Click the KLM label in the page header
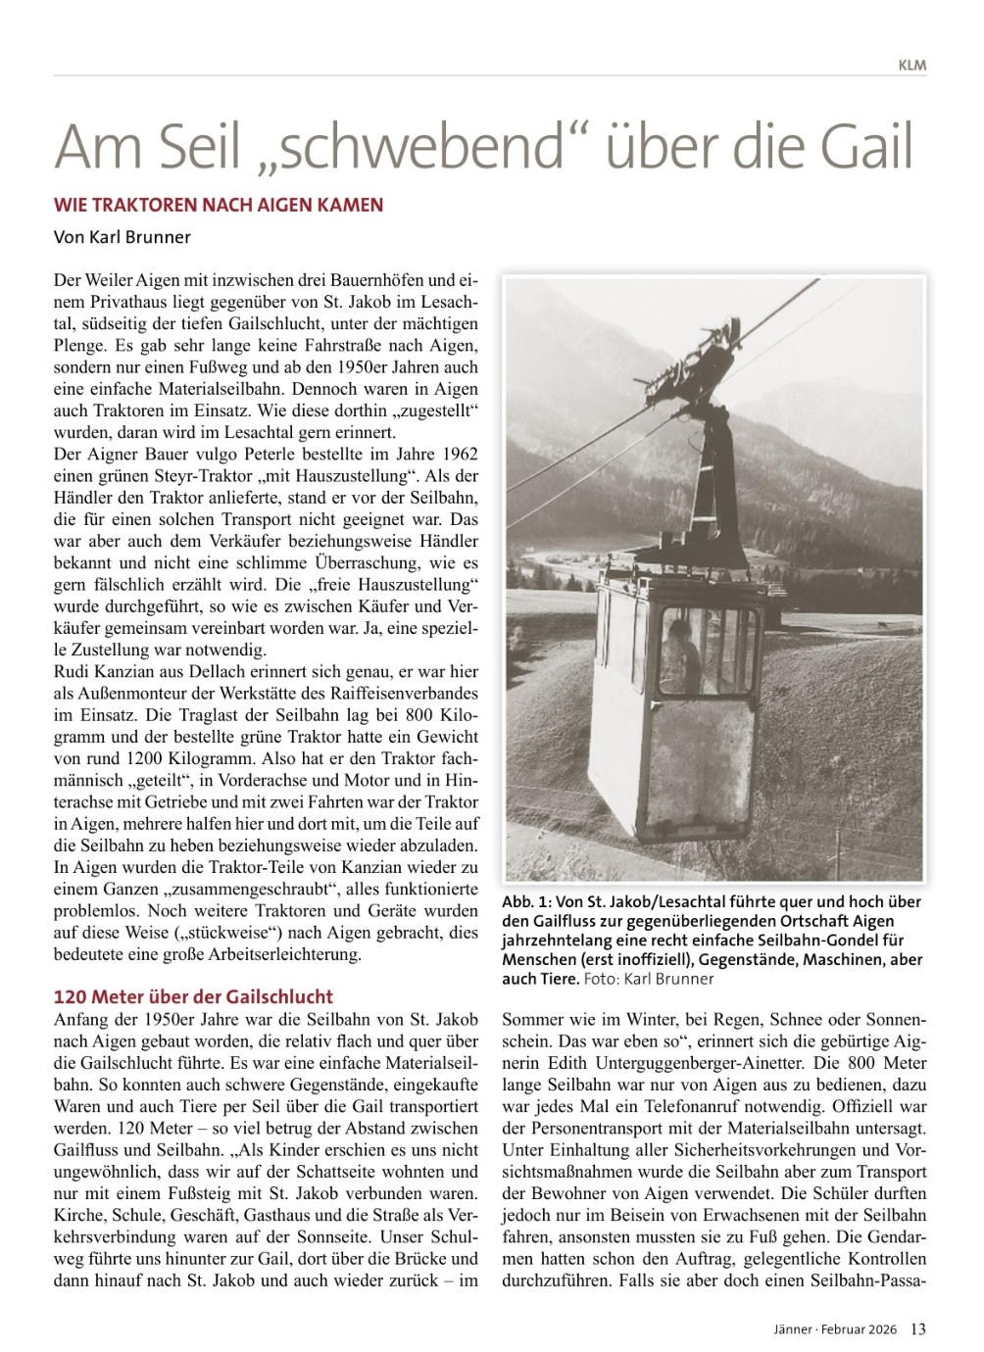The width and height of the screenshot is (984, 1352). coord(911,66)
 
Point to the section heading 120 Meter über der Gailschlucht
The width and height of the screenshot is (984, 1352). coord(193,996)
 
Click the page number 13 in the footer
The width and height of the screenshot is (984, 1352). coord(918,1329)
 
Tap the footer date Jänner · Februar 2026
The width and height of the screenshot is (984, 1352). coord(833,1329)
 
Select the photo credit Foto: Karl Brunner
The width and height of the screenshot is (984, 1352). coord(649,978)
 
